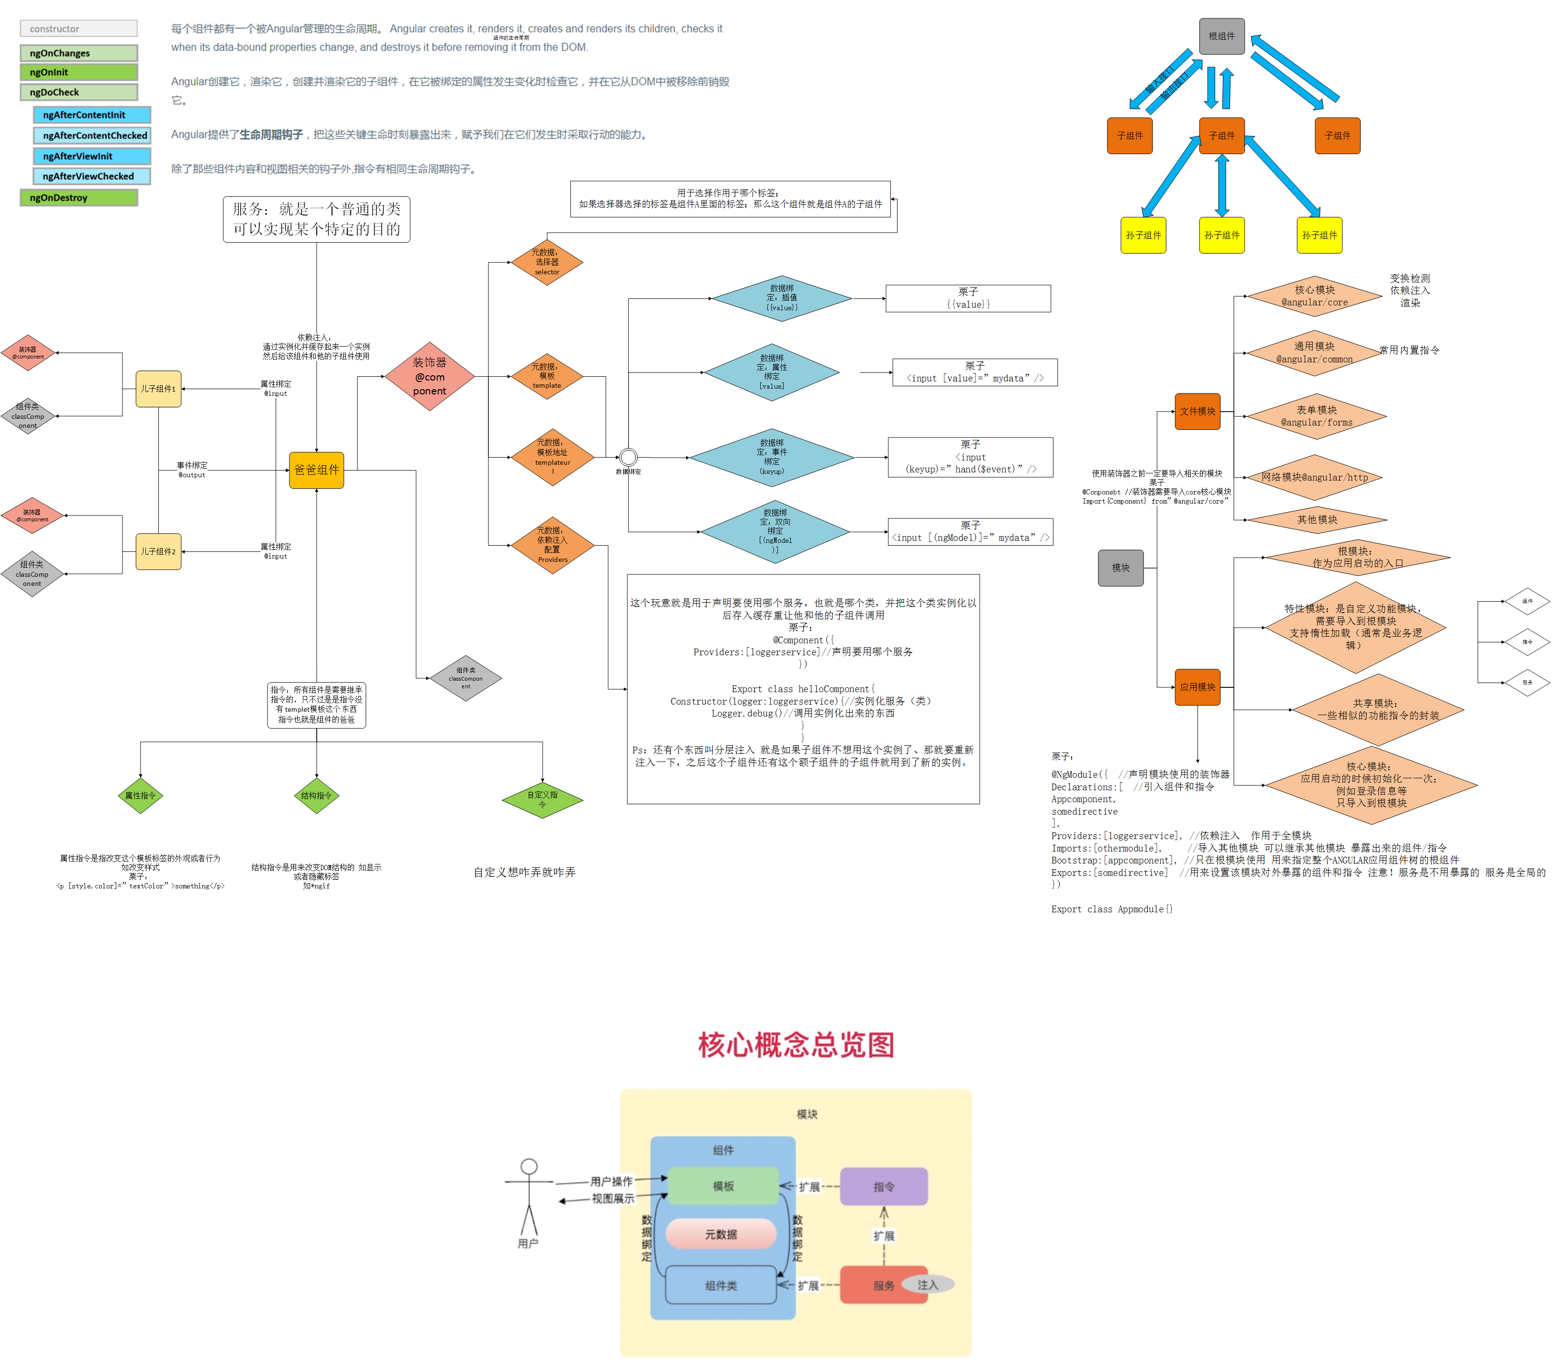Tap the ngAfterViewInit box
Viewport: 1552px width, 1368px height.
pos(92,156)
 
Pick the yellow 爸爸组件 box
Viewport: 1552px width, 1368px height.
pos(317,470)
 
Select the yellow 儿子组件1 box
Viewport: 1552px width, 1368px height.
pos(158,389)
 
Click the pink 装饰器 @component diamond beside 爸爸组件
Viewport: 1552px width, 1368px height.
pos(430,377)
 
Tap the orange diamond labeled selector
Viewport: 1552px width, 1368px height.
pos(547,262)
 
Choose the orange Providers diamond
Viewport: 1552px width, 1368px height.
pos(552,545)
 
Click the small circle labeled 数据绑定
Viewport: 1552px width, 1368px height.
pos(628,457)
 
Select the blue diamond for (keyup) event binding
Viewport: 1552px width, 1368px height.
pos(771,457)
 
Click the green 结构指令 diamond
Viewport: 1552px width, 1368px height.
pos(316,795)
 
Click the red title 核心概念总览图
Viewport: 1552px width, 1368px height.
pos(796,1044)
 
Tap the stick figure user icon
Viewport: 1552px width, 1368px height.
pos(529,1200)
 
